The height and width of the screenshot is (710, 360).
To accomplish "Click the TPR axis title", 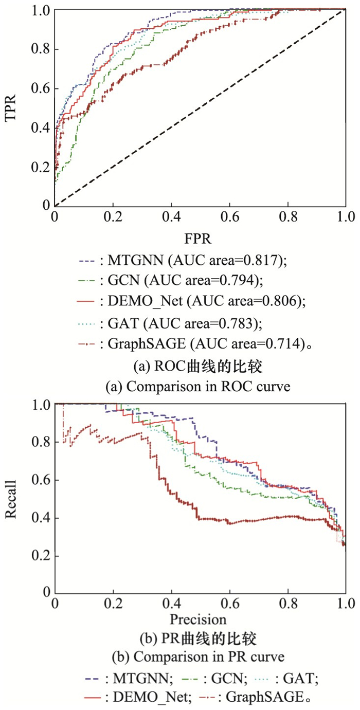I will pos(11,107).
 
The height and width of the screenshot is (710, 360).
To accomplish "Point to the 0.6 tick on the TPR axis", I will pos(41,88).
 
